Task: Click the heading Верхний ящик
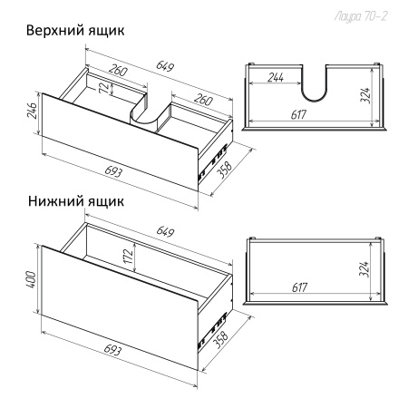[75, 30]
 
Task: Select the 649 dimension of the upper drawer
[164, 66]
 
